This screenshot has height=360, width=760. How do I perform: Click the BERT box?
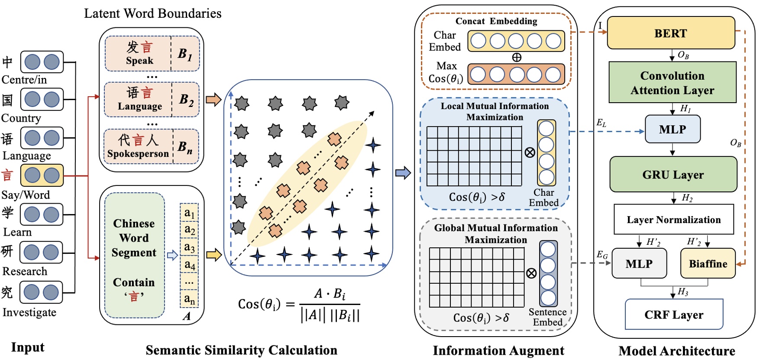(x=670, y=33)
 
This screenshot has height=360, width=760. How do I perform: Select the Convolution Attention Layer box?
(x=672, y=82)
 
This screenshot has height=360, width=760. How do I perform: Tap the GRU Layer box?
(x=673, y=175)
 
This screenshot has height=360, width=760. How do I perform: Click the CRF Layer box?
(x=674, y=315)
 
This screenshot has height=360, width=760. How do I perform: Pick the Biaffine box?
(x=708, y=263)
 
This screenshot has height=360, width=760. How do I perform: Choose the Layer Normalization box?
(x=673, y=220)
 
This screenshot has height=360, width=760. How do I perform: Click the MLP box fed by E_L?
(x=672, y=129)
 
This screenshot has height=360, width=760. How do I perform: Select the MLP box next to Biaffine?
(x=639, y=263)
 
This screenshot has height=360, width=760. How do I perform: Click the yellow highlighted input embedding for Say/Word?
(x=42, y=175)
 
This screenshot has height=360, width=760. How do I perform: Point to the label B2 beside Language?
(x=186, y=100)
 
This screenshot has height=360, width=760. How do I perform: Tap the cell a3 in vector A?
(x=189, y=247)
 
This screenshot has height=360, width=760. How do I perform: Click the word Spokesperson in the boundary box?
(x=138, y=154)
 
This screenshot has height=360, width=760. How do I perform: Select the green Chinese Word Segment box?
(x=134, y=256)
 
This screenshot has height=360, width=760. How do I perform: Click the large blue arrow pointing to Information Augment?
(x=403, y=173)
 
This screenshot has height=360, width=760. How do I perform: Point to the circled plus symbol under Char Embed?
(x=516, y=57)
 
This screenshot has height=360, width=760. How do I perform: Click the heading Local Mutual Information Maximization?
(x=495, y=111)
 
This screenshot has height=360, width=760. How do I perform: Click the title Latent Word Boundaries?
(x=152, y=13)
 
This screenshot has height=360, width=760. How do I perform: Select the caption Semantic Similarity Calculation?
(x=241, y=350)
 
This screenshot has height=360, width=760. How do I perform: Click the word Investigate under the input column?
(x=29, y=312)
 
